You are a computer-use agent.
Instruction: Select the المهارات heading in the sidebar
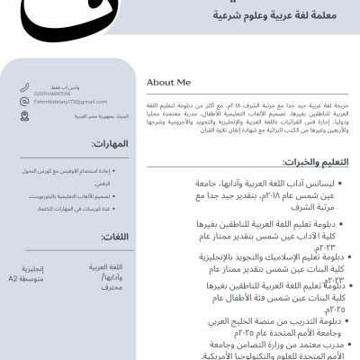click(x=109, y=145)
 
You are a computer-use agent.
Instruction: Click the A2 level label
click(x=13, y=279)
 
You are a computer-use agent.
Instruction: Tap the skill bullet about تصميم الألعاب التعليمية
click(x=76, y=196)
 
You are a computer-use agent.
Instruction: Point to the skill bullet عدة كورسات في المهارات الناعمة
click(x=76, y=209)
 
